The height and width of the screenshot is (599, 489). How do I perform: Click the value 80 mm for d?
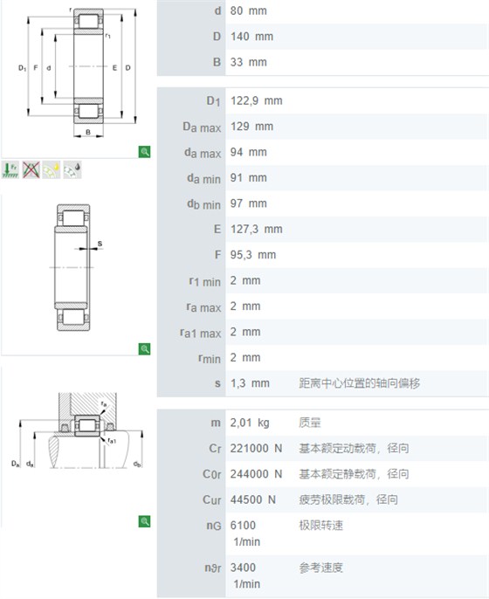pyautogui.click(x=248, y=10)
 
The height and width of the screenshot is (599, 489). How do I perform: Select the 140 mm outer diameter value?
pyautogui.click(x=251, y=37)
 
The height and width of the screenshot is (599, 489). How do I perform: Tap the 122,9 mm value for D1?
pyautogui.click(x=257, y=101)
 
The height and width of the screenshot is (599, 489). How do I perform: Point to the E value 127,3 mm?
pyautogui.click(x=257, y=229)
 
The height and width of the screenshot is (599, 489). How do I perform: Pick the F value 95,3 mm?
pyautogui.click(x=253, y=255)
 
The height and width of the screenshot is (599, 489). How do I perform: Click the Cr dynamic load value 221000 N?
pyautogui.click(x=256, y=448)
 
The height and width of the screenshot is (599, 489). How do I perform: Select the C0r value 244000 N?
pyautogui.click(x=256, y=473)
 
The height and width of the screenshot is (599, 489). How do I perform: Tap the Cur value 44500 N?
pyautogui.click(x=252, y=499)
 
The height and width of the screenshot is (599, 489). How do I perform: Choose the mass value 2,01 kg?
pyautogui.click(x=250, y=423)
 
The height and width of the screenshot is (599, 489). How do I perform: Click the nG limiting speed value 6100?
pyautogui.click(x=243, y=526)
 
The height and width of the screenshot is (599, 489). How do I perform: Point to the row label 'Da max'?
pyautogui.click(x=202, y=127)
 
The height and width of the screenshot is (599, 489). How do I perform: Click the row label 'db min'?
pyautogui.click(x=203, y=204)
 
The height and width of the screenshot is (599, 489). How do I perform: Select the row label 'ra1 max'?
pyautogui.click(x=201, y=333)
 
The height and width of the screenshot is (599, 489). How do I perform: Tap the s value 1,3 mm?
pyautogui.click(x=250, y=383)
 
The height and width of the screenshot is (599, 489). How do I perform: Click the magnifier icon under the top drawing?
pyautogui.click(x=144, y=152)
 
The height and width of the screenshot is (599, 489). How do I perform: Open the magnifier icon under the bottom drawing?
pyautogui.click(x=144, y=521)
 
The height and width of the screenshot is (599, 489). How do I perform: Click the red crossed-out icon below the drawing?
pyautogui.click(x=31, y=169)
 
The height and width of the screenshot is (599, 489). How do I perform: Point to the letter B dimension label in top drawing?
pyautogui.click(x=88, y=132)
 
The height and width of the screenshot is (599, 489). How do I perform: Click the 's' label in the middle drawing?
pyautogui.click(x=100, y=244)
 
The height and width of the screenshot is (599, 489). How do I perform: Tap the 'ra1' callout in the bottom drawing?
pyautogui.click(x=112, y=441)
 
